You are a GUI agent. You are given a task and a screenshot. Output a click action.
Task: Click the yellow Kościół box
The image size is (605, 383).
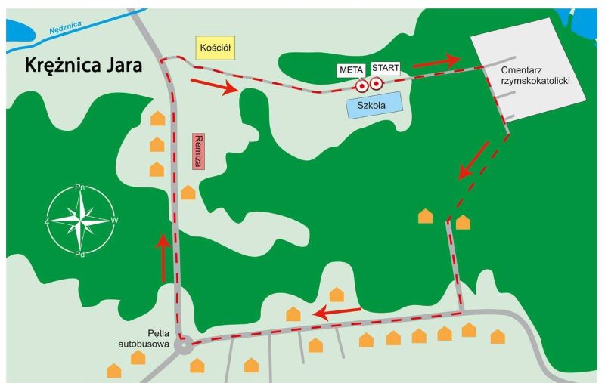click(x=216, y=47)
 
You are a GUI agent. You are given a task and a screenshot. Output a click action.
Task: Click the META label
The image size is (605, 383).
click(x=351, y=69)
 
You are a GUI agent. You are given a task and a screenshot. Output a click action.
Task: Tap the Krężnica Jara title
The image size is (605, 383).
click(x=84, y=65)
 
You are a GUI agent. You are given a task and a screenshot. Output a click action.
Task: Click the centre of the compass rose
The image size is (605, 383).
click(x=80, y=220)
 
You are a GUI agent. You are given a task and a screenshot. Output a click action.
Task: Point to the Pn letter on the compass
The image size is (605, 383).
click(x=80, y=187)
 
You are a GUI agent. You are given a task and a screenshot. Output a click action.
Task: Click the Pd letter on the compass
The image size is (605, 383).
click(x=79, y=255)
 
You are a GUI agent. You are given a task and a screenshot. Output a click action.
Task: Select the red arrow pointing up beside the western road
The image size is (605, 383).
click(x=163, y=258)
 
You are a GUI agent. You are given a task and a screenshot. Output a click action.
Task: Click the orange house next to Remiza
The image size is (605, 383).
click(x=188, y=193)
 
